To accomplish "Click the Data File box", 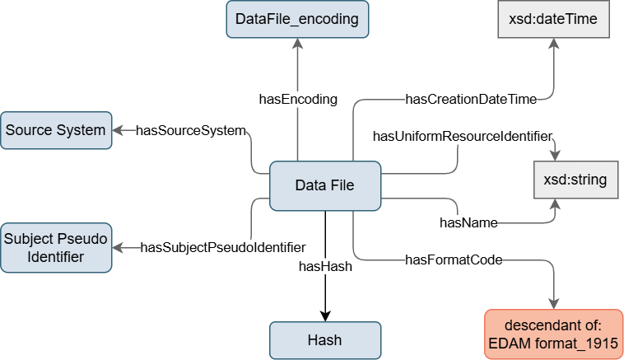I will (x=325, y=185).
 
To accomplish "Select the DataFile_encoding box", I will (x=296, y=19).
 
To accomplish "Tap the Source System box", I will (x=56, y=130).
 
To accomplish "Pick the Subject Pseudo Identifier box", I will (x=56, y=247).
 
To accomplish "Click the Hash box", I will (x=324, y=339).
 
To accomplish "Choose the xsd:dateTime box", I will (x=553, y=19).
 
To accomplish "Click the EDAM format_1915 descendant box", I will (x=553, y=333).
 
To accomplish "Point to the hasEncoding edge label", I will (x=298, y=100).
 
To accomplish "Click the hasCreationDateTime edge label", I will (x=471, y=100).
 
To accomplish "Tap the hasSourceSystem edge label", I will (x=190, y=130).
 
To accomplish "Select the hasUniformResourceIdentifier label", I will (x=462, y=134).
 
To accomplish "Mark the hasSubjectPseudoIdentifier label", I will (x=224, y=246).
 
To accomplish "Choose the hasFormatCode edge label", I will (x=454, y=260).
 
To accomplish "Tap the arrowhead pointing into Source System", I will (x=118, y=130).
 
